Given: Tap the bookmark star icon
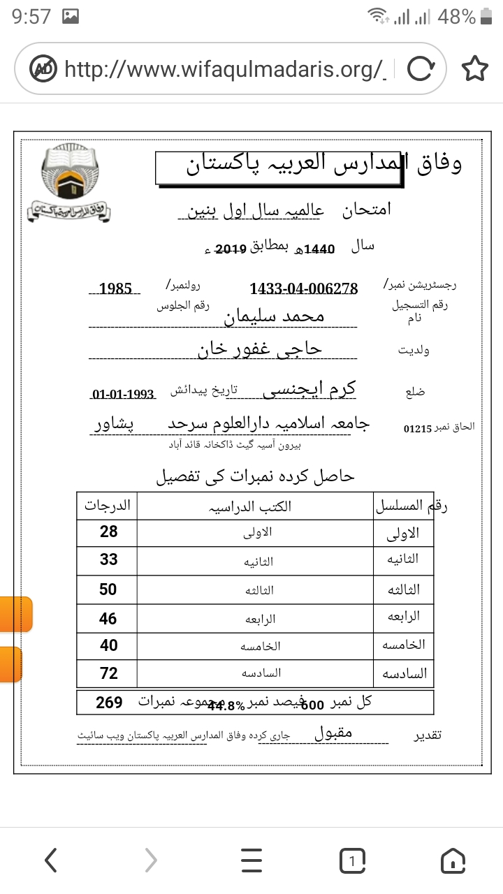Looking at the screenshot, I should coord(474,68).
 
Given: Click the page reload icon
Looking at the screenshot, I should coord(419,68).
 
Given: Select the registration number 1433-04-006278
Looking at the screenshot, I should coord(303,288).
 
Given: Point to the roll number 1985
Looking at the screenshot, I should coord(116,288).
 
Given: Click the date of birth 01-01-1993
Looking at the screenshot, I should coord(122,395).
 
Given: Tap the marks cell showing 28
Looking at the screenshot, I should coord(108,532).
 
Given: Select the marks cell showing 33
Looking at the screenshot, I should coord(108,559).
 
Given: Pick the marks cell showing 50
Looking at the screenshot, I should coord(108,589).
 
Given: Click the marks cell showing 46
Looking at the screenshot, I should coord(108,619).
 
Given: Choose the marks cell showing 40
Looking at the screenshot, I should coord(108,645).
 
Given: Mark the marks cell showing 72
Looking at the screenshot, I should coord(108,673).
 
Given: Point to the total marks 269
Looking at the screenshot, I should coord(109,702).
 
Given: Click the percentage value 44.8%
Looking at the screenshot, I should coord(226,705).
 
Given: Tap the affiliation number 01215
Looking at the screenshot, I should coord(418,428).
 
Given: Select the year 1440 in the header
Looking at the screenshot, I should coord(321,249).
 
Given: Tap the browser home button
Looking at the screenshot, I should coord(453,861).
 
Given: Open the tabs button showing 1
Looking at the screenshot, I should coord(353,861).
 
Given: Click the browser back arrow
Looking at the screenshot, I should coord(50,861).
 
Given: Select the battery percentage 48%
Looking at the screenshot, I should coord(457,17).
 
